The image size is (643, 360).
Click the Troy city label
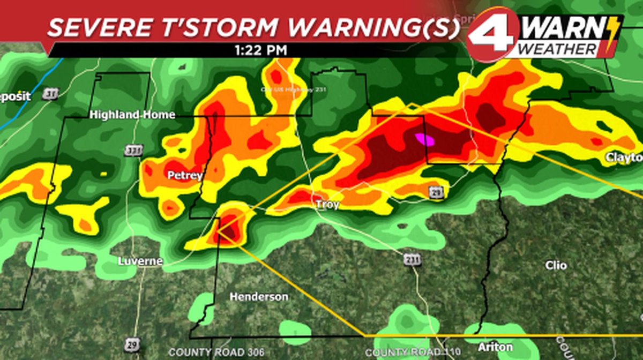327,205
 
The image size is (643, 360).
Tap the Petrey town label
185,175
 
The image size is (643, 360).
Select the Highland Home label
132,115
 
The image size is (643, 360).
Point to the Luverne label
139,261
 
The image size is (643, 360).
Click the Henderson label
259,296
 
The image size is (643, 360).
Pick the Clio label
556,265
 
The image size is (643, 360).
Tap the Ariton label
495,347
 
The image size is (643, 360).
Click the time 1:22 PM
260,50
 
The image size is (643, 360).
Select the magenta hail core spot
425,139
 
